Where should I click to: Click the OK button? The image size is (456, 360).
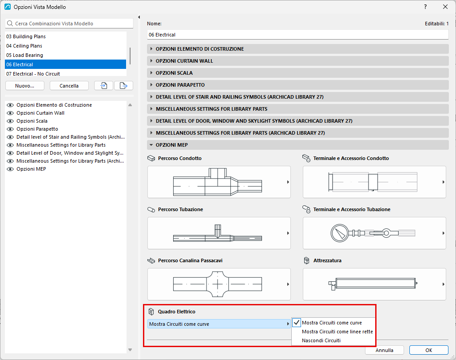(x=428, y=350)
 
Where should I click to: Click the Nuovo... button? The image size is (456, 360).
(x=25, y=86)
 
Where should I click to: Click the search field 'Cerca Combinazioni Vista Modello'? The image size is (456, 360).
(x=69, y=24)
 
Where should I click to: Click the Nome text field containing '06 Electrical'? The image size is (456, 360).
(x=298, y=35)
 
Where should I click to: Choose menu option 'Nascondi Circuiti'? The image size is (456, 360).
(x=321, y=340)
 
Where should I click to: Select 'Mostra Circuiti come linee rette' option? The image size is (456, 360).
(x=337, y=332)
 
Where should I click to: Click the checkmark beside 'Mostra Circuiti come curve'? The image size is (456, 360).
(x=296, y=323)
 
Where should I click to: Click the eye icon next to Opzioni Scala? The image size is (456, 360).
(x=10, y=121)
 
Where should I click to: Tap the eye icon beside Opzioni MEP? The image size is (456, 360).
(x=10, y=169)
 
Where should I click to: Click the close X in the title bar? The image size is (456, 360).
(x=445, y=7)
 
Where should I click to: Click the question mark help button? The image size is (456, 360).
(x=425, y=7)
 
